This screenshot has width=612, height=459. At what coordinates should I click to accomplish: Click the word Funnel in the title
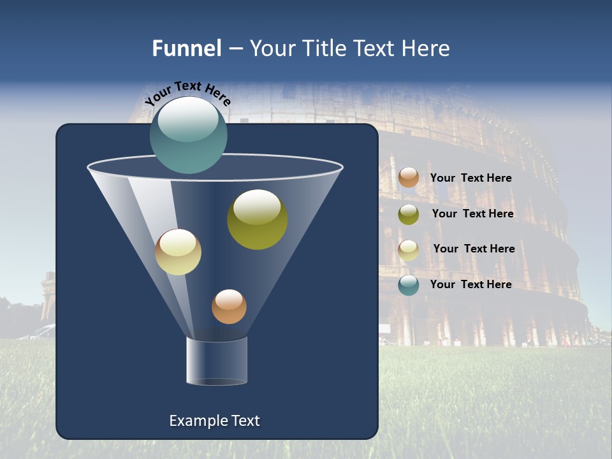[x=187, y=48]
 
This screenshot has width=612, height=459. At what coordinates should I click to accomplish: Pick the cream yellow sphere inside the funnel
[x=178, y=252]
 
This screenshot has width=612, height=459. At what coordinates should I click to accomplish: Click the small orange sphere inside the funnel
[x=229, y=307]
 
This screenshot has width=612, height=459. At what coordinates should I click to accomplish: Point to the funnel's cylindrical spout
[x=216, y=361]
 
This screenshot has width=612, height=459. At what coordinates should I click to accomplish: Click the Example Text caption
[x=214, y=421]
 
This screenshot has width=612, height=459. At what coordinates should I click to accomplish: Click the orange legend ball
[x=409, y=177]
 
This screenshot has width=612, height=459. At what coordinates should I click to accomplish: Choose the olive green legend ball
[x=409, y=214]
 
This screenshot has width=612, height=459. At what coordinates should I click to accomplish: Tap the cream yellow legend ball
[x=409, y=250]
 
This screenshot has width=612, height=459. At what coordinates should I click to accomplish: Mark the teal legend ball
[x=409, y=285]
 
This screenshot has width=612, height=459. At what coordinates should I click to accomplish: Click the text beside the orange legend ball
[x=470, y=178]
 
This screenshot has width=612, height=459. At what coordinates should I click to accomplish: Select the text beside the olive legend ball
[x=472, y=214]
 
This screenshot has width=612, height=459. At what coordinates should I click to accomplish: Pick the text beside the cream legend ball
[x=474, y=249]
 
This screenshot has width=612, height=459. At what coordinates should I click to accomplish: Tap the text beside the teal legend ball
[x=470, y=284]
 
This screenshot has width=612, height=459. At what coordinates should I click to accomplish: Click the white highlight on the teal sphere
[x=187, y=119]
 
